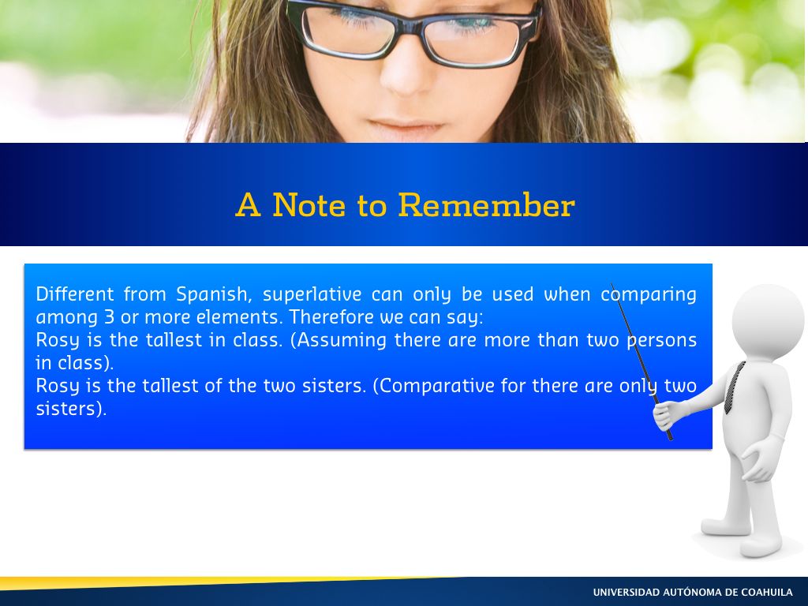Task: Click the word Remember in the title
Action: click(486, 205)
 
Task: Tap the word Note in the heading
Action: click(309, 205)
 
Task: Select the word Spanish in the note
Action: click(213, 295)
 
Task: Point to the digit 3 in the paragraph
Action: click(109, 316)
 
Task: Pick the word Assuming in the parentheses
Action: click(342, 341)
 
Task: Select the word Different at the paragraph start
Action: click(75, 294)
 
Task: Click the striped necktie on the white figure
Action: click(735, 387)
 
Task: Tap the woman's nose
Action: click(407, 72)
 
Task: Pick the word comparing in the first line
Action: click(649, 295)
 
